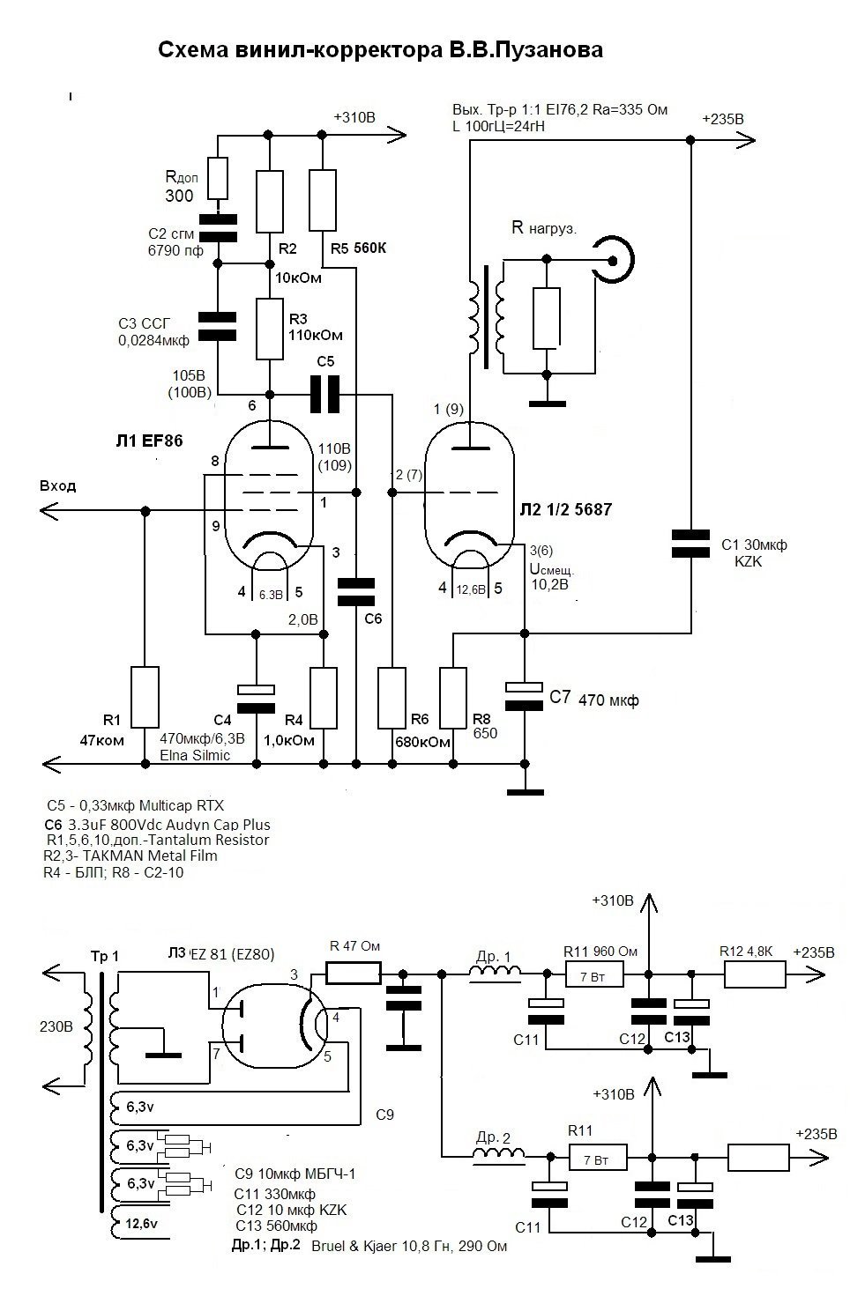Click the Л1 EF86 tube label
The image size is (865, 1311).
pyautogui.click(x=149, y=441)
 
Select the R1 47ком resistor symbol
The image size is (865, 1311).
pyautogui.click(x=145, y=697)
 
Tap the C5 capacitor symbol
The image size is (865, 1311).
pyautogui.click(x=324, y=395)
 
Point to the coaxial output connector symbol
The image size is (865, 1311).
pyautogui.click(x=613, y=260)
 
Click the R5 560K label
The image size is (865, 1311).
pyautogui.click(x=358, y=248)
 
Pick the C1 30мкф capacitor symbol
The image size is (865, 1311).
pyautogui.click(x=690, y=543)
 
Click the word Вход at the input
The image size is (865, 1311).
pyautogui.click(x=58, y=485)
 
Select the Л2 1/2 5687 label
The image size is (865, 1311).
pyautogui.click(x=566, y=509)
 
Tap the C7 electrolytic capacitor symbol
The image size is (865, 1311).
pyautogui.click(x=524, y=696)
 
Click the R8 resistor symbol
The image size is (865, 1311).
pyautogui.click(x=452, y=698)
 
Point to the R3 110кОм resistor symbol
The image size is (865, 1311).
pyautogui.click(x=270, y=329)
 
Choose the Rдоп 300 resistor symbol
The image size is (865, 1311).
pyautogui.click(x=218, y=178)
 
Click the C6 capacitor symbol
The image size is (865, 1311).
pyautogui.click(x=356, y=592)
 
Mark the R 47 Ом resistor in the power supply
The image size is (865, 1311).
pyautogui.click(x=354, y=974)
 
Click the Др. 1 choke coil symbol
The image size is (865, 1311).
pyautogui.click(x=495, y=972)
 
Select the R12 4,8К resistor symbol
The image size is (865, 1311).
pyautogui.click(x=756, y=975)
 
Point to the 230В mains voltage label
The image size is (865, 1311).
pyautogui.click(x=56, y=1026)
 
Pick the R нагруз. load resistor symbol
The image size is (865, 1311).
pyautogui.click(x=547, y=318)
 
